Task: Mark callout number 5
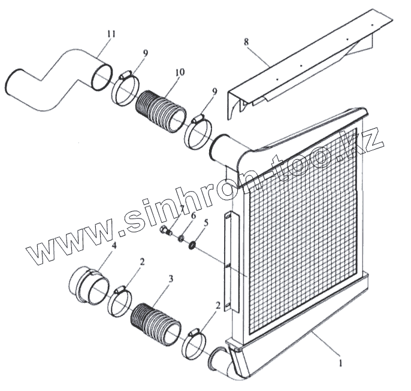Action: [205, 222]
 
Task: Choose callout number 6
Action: [192, 215]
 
